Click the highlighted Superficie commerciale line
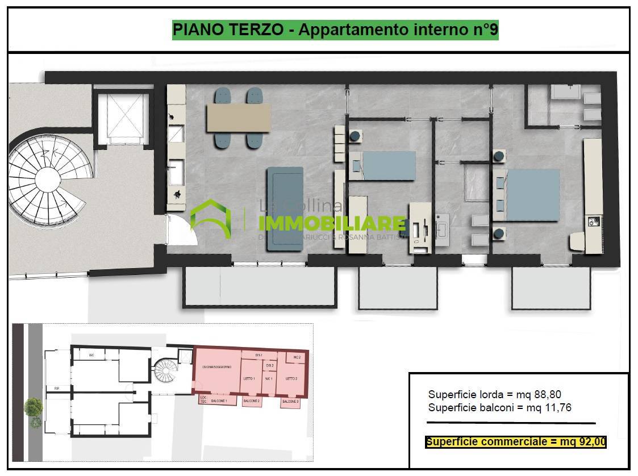tap(516, 442)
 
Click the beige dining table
tap(239, 118)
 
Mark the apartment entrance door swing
tap(181, 231)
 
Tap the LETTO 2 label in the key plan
tap(291, 378)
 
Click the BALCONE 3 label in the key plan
tap(290, 402)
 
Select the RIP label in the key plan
tap(57, 389)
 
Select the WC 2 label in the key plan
tap(297, 357)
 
